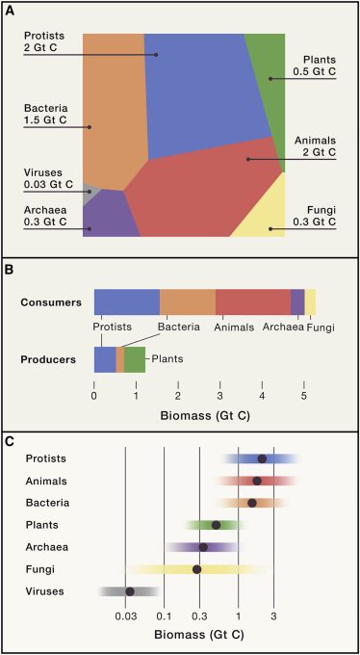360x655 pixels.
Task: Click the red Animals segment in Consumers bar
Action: pos(252,301)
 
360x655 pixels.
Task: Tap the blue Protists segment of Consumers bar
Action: pos(126,301)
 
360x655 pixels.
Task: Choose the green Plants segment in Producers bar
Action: pos(135,359)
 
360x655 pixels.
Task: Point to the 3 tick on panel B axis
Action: pos(219,395)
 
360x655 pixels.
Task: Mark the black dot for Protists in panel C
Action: pos(262,458)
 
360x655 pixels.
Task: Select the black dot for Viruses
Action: pos(130,591)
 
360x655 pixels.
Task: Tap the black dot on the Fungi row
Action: pos(196,569)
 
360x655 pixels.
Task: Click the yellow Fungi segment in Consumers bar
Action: pos(310,301)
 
